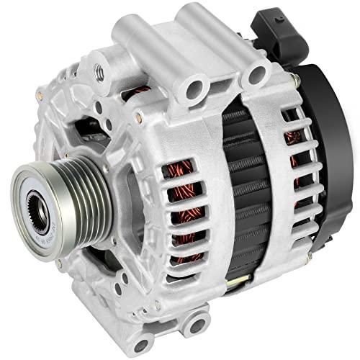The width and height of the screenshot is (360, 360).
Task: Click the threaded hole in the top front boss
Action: (x=99, y=70)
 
